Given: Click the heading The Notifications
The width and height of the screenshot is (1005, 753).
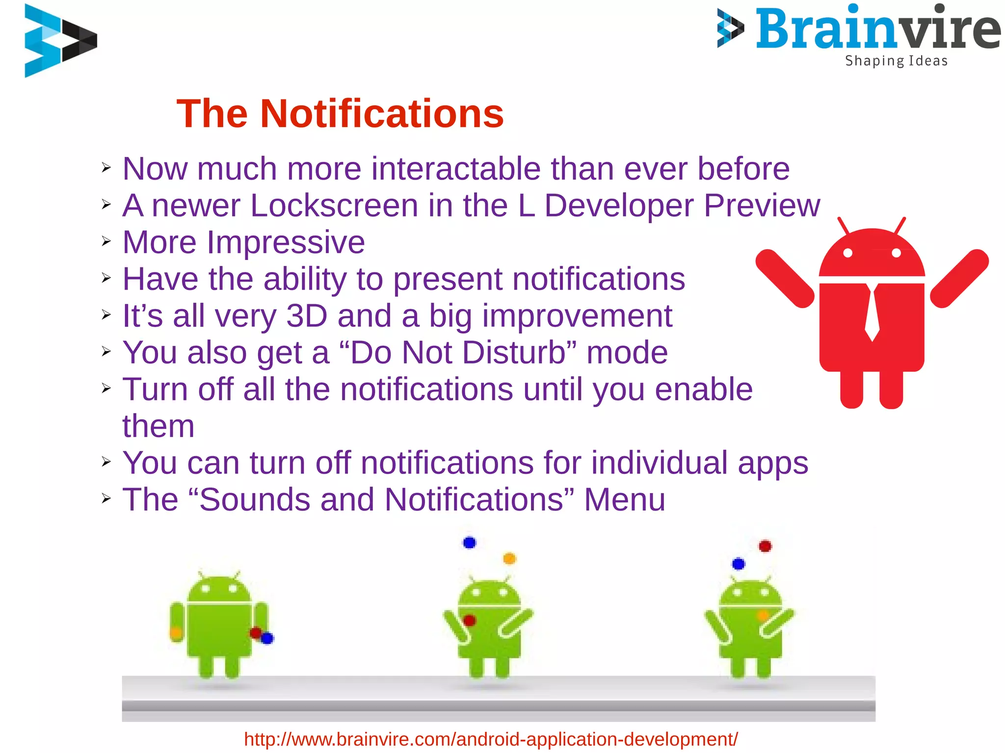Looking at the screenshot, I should point(340,114).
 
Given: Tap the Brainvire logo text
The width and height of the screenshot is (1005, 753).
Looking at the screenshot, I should point(877,29).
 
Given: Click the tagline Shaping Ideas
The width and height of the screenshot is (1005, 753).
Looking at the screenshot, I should point(896,61).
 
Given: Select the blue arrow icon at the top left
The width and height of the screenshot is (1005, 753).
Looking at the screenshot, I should point(60,40).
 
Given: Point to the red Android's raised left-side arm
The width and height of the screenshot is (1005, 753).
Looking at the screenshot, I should point(784,278).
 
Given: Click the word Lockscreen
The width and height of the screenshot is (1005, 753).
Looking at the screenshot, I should point(334,205).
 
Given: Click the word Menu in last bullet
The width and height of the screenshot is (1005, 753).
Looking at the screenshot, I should point(624,499).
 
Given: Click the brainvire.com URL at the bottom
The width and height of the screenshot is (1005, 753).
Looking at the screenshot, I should point(491,739).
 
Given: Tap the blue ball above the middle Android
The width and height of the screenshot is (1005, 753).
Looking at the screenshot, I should point(470,543).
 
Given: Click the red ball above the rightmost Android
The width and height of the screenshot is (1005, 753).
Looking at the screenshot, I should point(765,546).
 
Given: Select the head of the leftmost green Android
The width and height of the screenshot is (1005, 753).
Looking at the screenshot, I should point(219,589).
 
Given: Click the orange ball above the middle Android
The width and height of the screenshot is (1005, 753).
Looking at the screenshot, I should point(509,558).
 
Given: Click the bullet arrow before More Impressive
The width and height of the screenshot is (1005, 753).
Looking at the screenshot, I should point(106,241).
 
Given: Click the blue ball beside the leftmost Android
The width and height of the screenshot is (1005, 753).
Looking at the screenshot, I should point(267,638).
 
